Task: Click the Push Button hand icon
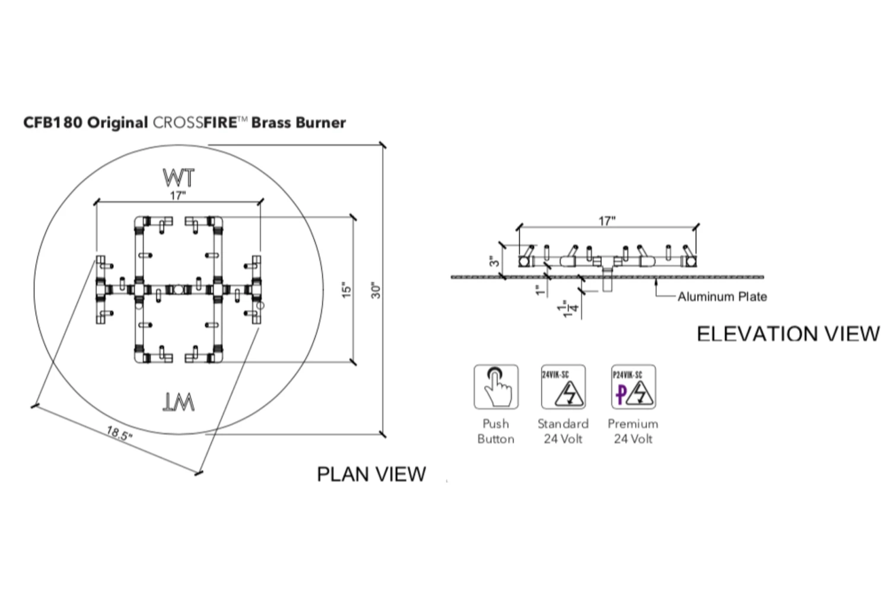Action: click(x=496, y=387)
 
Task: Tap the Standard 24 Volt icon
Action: click(x=563, y=387)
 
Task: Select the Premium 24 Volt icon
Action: click(x=633, y=387)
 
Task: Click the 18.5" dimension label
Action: click(x=119, y=434)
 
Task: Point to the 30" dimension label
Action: click(x=376, y=290)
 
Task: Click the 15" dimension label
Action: click(x=347, y=290)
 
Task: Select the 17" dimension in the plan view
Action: click(x=177, y=195)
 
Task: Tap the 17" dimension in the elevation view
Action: click(x=607, y=221)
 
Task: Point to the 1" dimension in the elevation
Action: click(x=539, y=290)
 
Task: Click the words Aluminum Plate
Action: click(x=722, y=296)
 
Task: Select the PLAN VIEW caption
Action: click(x=371, y=474)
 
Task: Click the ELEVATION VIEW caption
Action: click(x=788, y=334)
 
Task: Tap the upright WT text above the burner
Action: click(x=179, y=178)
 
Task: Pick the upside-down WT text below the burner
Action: click(x=179, y=403)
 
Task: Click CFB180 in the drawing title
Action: click(x=53, y=123)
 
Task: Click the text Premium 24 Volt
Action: click(x=633, y=431)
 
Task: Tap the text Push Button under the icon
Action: click(x=496, y=431)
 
